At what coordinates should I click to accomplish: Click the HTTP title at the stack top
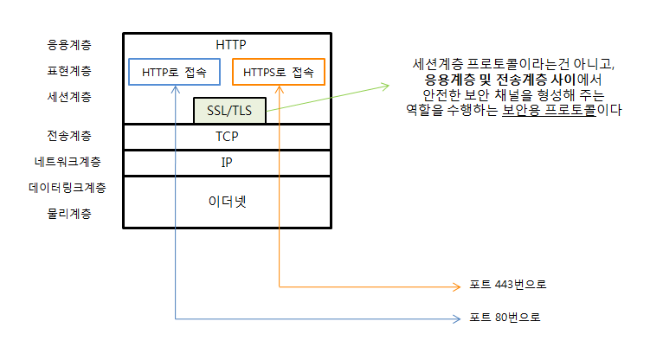coord(227,43)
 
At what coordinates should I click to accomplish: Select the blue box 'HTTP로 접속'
coord(174,72)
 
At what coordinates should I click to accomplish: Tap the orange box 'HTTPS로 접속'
coord(279,72)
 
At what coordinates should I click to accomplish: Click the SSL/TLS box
coord(229,111)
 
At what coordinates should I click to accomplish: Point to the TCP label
coord(227,137)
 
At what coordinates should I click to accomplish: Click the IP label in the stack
coord(227,162)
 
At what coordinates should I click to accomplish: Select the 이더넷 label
coord(227,201)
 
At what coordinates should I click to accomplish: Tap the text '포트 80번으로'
coord(505,318)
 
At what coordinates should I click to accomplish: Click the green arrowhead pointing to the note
coord(383,85)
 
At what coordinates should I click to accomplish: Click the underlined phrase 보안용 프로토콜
coord(548,112)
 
